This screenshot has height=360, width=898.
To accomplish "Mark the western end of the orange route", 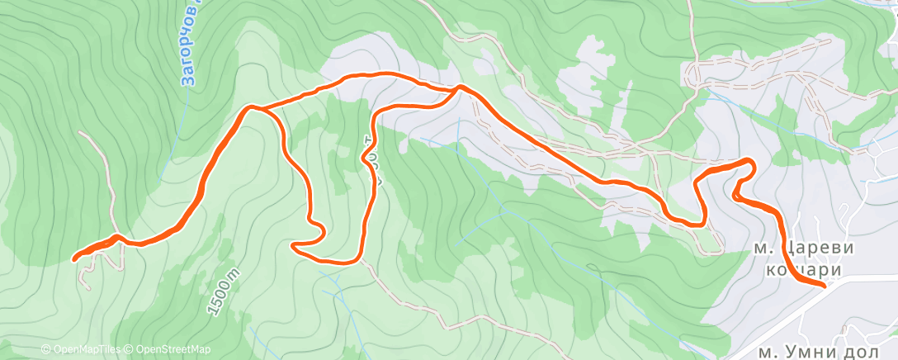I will click(75, 258).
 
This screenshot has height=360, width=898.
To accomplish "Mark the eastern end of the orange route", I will click(824, 285).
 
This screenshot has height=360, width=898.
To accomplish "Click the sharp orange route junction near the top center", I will click(458, 87).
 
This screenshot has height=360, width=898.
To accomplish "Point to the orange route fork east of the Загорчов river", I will click(252, 107).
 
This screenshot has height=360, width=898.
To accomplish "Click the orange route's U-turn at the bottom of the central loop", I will click(295, 245).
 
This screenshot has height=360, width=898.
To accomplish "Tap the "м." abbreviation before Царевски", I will click(763, 248).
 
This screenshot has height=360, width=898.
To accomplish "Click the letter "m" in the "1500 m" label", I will click(235, 273).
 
